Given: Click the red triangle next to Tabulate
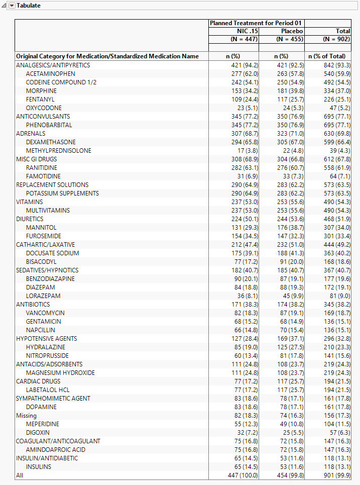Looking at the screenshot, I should [x=13, y=6].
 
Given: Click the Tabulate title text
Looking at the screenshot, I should [x=29, y=6].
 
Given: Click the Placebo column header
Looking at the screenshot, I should [x=292, y=31].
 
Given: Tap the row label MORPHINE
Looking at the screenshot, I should [x=41, y=91].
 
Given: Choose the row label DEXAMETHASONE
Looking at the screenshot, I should [x=51, y=142].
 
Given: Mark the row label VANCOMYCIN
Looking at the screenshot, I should [x=45, y=313].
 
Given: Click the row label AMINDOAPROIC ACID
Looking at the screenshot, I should [x=56, y=450].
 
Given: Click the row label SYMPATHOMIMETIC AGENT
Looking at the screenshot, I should [x=53, y=399].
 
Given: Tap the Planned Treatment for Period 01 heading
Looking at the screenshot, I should [x=256, y=23].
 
